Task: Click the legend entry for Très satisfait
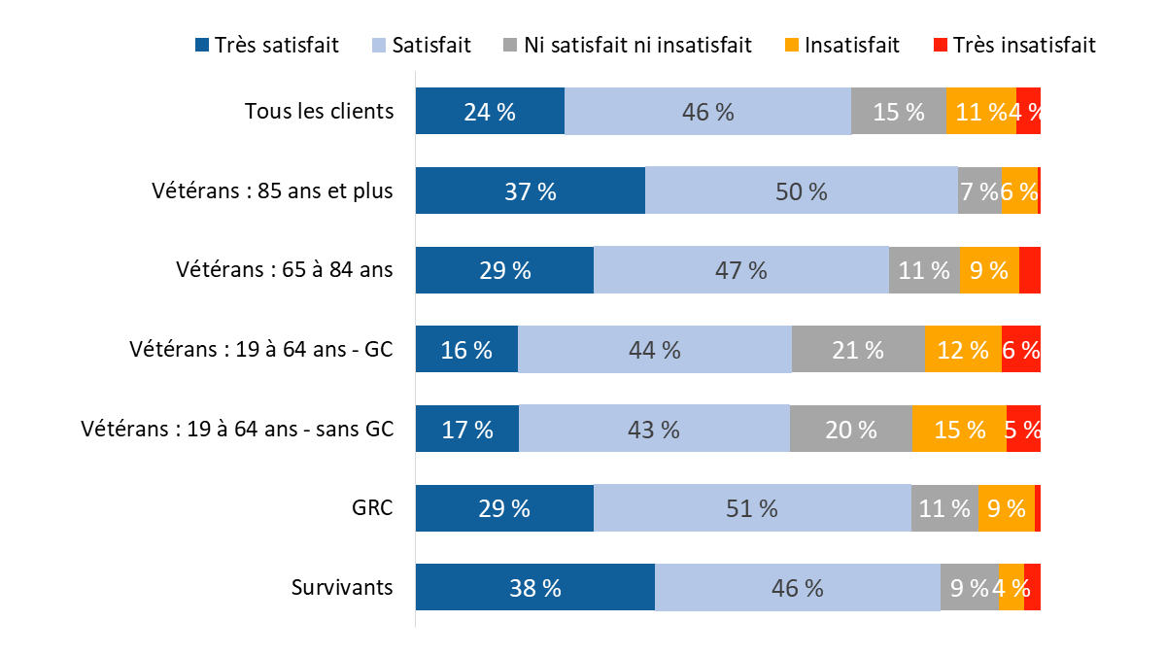267,45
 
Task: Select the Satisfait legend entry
422,45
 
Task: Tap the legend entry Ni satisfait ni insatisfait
628,45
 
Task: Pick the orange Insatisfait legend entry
841,45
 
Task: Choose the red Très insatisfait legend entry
1014,45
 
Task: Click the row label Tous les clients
319,111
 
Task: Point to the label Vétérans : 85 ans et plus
272,190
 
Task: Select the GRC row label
372,508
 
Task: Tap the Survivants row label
342,588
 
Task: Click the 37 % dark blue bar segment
531,190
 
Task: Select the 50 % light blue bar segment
802,190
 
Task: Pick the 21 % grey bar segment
858,350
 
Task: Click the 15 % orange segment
959,430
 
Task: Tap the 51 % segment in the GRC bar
752,508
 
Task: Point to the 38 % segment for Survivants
535,588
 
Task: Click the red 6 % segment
1021,350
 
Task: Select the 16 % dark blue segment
466,350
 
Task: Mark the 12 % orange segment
962,350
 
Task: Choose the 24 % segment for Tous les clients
490,111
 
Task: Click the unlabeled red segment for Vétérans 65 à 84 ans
1030,270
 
